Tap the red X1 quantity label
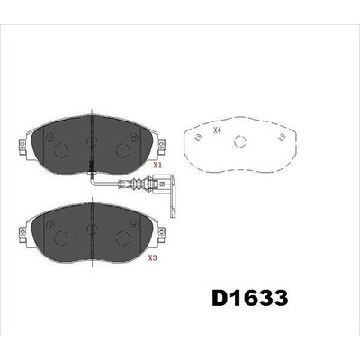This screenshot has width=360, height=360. (157, 166)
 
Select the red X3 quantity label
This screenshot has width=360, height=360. (153, 258)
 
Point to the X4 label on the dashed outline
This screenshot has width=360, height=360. (217, 130)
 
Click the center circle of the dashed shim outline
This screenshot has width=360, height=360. (240, 141)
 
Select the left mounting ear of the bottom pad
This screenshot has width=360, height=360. (22, 230)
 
